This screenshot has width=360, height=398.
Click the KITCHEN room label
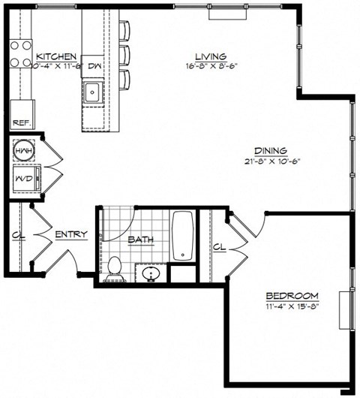(56, 56)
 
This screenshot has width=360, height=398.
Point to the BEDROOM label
(292, 295)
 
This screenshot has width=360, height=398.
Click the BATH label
(140, 240)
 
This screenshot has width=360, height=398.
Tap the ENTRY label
(72, 234)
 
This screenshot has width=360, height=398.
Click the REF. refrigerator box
(18, 122)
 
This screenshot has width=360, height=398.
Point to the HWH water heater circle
(22, 152)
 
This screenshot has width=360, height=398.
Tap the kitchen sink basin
(93, 93)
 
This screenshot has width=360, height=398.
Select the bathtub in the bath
(183, 237)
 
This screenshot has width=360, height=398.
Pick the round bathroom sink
(149, 274)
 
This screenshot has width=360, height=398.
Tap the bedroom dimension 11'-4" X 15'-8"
(292, 306)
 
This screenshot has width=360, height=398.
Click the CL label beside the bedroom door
(219, 246)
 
